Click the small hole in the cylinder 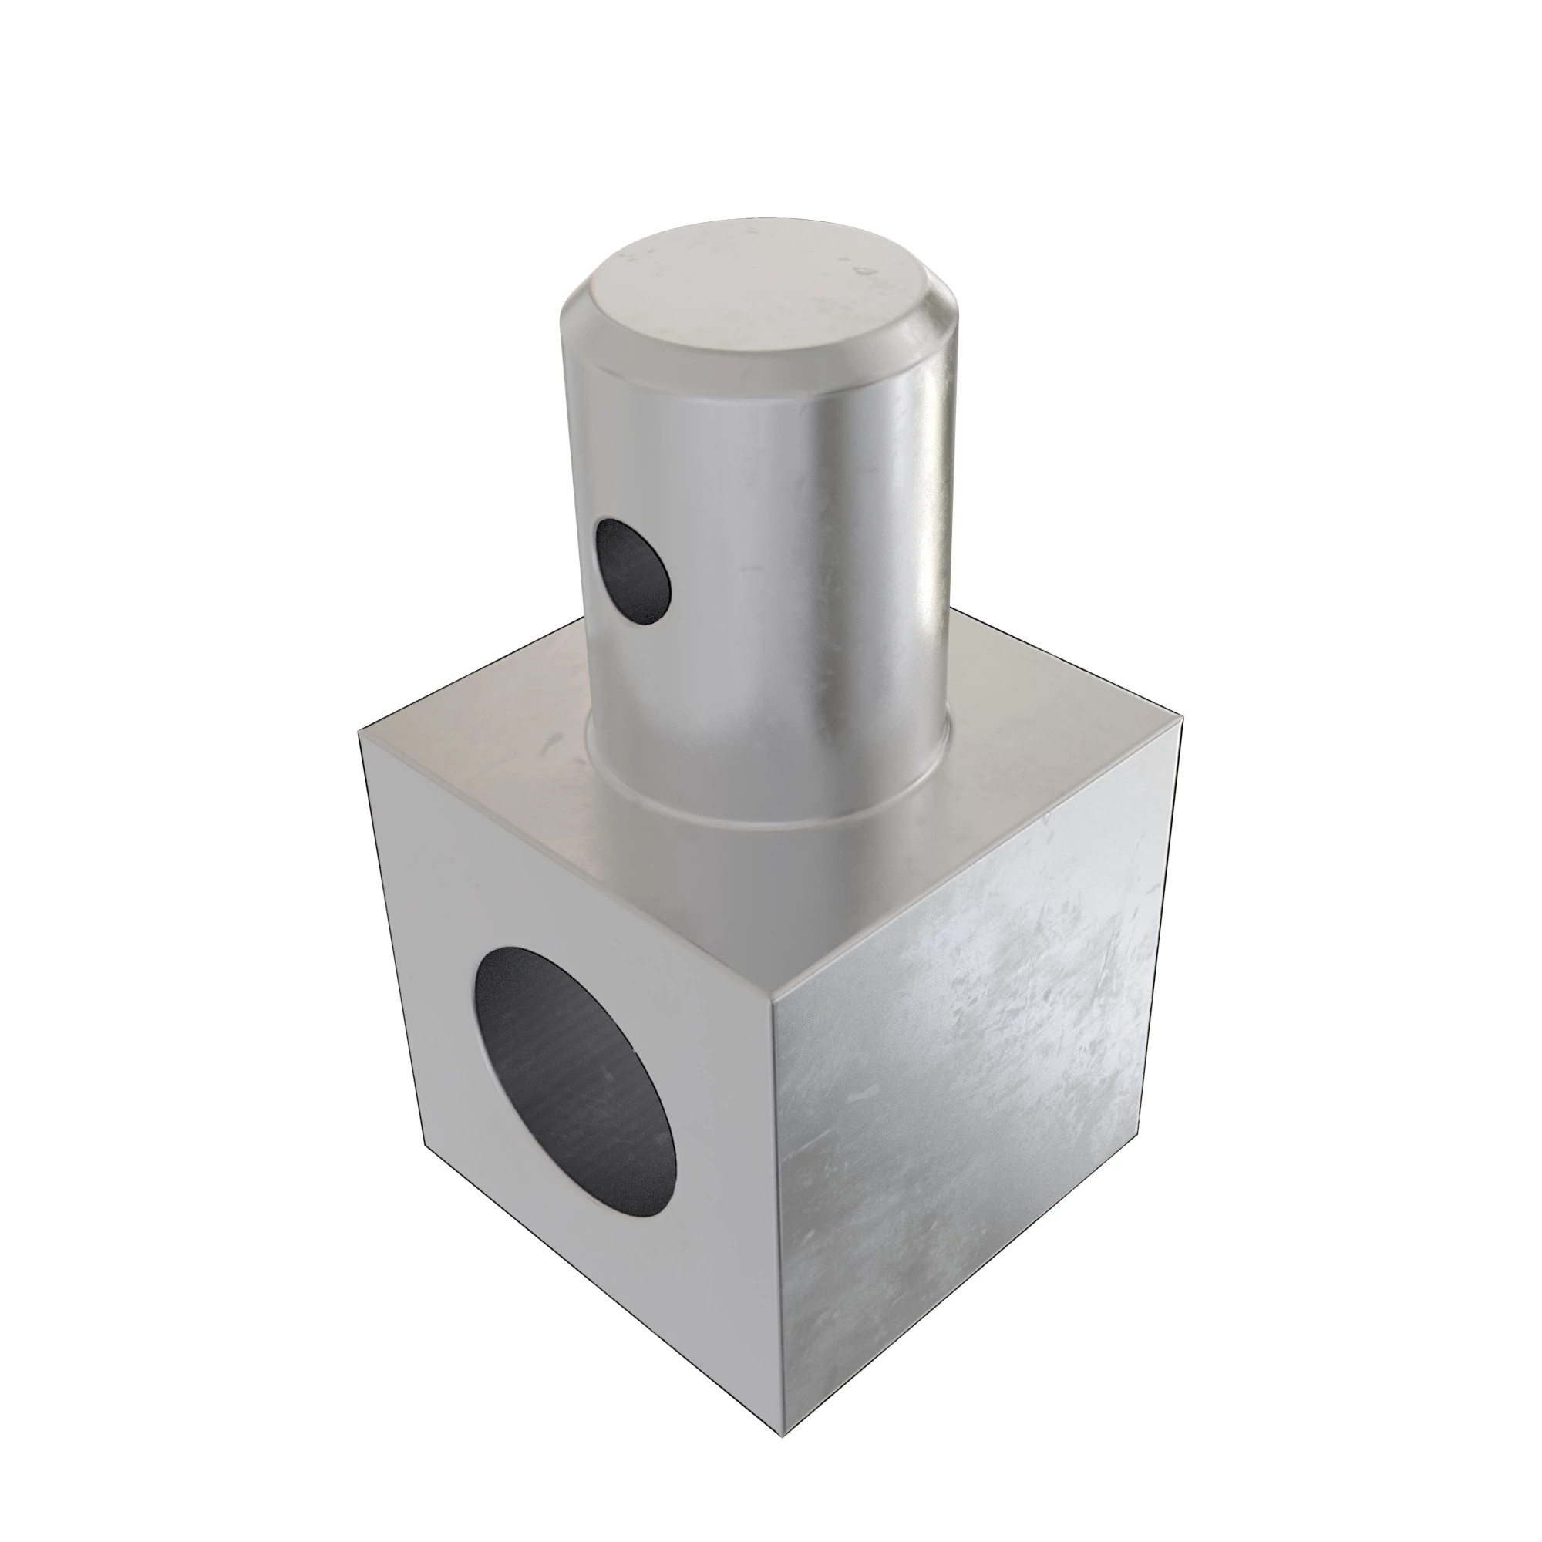(634, 570)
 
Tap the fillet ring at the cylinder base (766, 806)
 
